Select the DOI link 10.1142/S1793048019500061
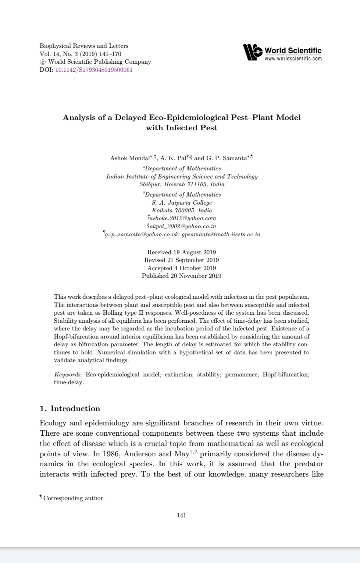(x=93, y=70)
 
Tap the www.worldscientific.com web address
(x=293, y=59)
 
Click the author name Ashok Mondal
(x=129, y=158)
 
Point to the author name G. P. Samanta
(x=226, y=158)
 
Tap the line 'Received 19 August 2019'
(x=182, y=252)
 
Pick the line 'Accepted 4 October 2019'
(x=182, y=268)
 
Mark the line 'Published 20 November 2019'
(x=182, y=276)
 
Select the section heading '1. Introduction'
(x=70, y=408)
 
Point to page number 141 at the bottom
(x=182, y=516)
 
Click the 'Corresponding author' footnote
(x=74, y=498)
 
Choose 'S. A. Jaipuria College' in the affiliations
(x=182, y=203)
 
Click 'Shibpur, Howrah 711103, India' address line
(x=182, y=184)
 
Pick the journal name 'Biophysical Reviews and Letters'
(x=84, y=46)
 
